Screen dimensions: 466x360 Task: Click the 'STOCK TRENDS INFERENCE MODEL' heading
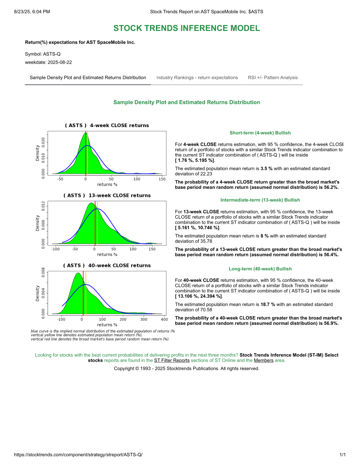click(x=186, y=28)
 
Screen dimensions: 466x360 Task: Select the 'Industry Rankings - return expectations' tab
click(x=197, y=78)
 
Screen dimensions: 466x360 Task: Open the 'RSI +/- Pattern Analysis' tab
click(x=273, y=78)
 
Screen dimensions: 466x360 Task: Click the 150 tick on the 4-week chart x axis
click(x=162, y=179)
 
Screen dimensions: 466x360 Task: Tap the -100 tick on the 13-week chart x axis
click(x=55, y=249)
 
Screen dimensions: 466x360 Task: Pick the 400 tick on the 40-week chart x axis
click(x=164, y=319)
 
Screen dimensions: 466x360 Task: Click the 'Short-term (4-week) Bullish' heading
click(x=260, y=133)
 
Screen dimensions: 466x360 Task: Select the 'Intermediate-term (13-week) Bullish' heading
click(x=260, y=200)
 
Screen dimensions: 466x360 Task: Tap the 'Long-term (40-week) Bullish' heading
click(x=260, y=269)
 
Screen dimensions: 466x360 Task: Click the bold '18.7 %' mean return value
click(x=268, y=304)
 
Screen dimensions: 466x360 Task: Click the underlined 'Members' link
click(x=263, y=361)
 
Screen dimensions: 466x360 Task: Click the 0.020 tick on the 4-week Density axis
click(x=43, y=142)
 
